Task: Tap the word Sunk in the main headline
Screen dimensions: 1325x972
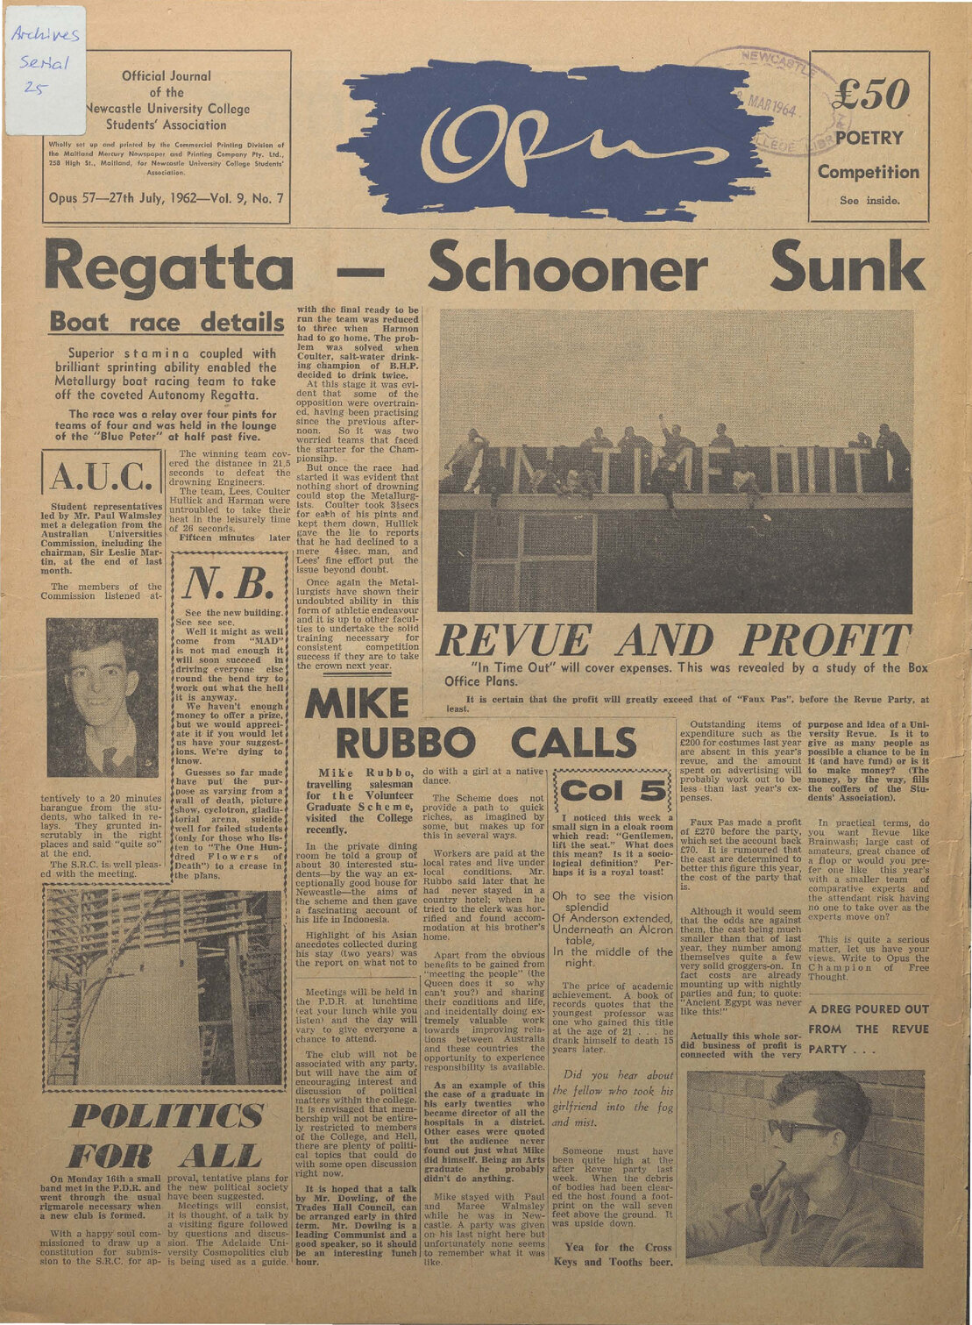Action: pos(847,265)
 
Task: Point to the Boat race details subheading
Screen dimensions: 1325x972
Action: pos(167,322)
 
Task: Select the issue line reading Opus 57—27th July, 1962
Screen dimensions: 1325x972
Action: pos(167,198)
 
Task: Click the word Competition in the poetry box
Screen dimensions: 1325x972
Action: pos(869,172)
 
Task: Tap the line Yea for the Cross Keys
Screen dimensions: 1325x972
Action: pos(613,1255)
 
